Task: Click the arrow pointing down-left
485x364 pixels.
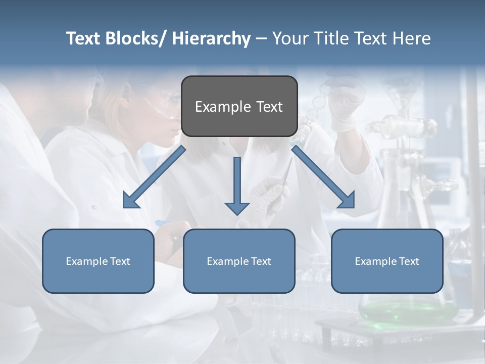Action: (x=154, y=177)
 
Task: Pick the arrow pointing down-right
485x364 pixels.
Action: (x=323, y=177)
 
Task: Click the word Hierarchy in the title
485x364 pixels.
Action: (x=211, y=38)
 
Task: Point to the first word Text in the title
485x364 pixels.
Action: (x=85, y=38)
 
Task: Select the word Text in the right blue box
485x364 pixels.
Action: (x=409, y=261)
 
